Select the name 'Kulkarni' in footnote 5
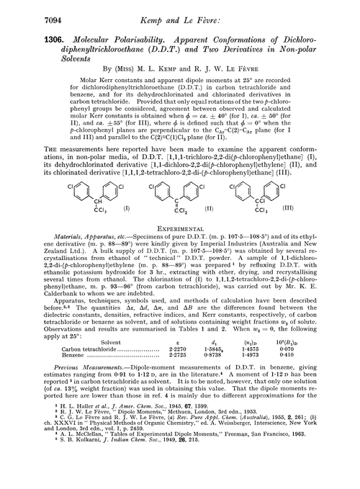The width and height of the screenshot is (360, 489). [77, 483]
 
